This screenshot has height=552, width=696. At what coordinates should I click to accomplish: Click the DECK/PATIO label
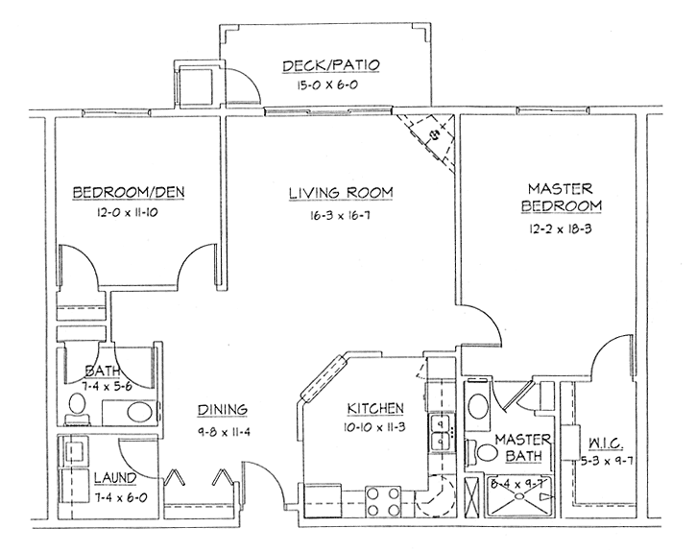tap(332, 66)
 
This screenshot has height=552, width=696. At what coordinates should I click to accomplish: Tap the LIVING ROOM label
tap(342, 192)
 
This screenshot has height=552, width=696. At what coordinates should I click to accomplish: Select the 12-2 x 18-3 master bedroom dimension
tap(564, 230)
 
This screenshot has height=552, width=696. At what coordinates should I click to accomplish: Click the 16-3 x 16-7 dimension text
tap(342, 218)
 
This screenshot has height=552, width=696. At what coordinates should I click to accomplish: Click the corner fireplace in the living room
tap(429, 136)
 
